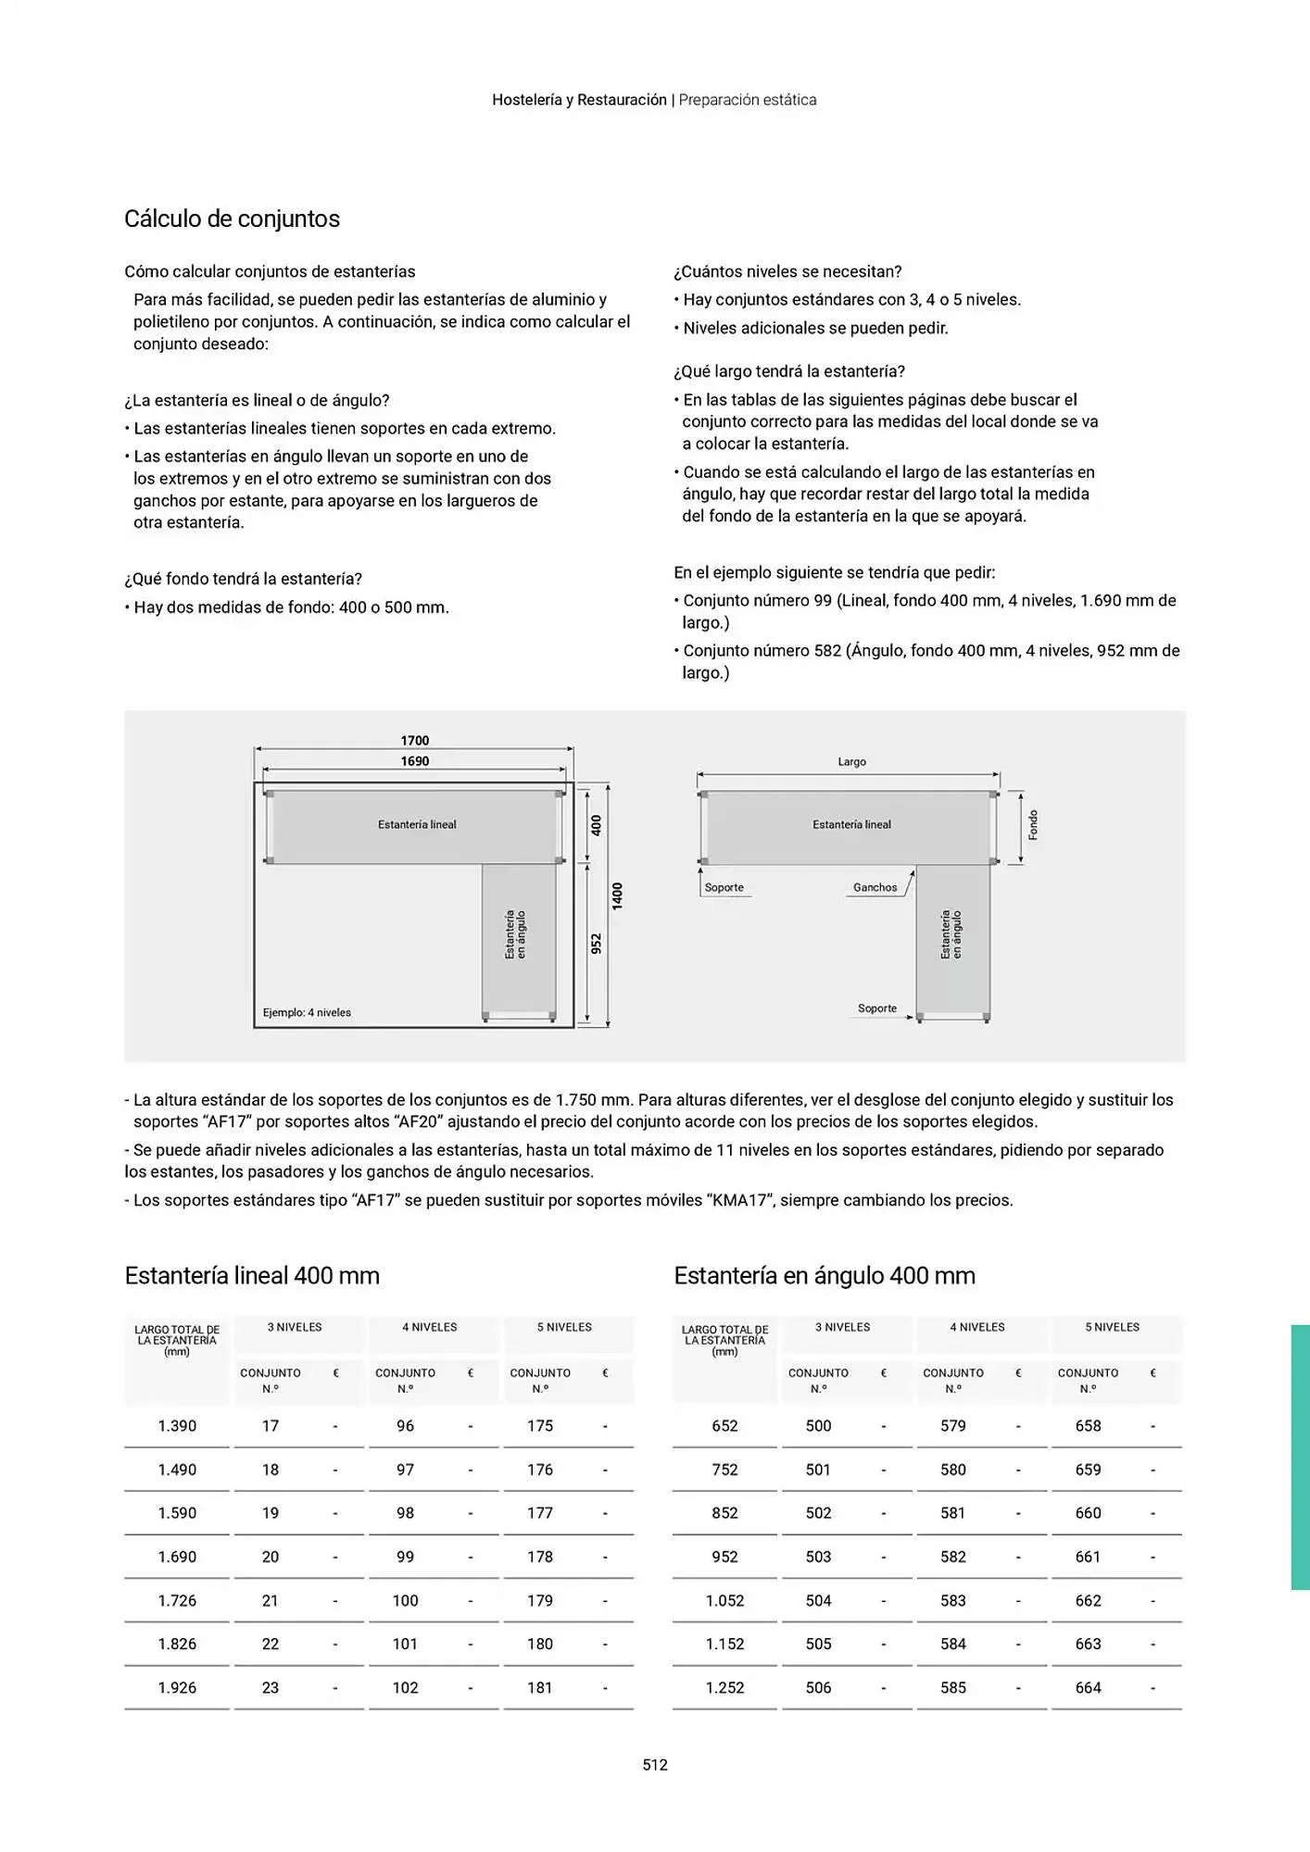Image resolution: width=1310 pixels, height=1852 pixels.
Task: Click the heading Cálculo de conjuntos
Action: tap(232, 219)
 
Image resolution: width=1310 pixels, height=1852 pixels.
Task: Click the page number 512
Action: tap(655, 1764)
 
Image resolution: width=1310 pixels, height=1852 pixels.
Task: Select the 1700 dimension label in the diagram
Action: tap(414, 740)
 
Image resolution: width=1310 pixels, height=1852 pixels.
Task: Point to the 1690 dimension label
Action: tap(414, 761)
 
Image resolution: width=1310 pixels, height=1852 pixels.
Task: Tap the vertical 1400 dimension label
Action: tap(617, 895)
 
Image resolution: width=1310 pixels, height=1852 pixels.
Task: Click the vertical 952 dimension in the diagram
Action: tap(597, 944)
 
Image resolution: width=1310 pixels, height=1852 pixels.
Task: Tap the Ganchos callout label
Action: tap(875, 887)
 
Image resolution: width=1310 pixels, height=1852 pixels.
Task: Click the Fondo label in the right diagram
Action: tap(1033, 825)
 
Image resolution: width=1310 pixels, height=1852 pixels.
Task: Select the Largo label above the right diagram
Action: tap(851, 761)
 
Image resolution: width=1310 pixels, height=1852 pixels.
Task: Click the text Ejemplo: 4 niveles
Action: tap(307, 1012)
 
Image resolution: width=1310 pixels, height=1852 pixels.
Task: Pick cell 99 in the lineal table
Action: tap(405, 1557)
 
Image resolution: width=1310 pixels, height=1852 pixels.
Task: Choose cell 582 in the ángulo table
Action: tap(952, 1557)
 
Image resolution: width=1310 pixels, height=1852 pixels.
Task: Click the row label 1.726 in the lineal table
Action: tap(177, 1600)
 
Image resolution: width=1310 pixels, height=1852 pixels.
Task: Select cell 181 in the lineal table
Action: tap(539, 1687)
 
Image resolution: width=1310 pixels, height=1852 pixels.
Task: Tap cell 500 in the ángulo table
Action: tap(818, 1426)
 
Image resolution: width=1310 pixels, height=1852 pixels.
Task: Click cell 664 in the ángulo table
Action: tap(1088, 1687)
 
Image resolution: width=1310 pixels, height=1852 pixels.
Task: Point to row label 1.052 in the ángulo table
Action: tap(724, 1600)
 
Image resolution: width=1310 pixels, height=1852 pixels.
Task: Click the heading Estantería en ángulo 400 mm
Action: tap(824, 1275)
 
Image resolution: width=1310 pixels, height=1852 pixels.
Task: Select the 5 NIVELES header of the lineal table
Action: tap(564, 1327)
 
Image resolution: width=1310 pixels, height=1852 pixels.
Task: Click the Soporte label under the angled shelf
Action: tap(876, 1008)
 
